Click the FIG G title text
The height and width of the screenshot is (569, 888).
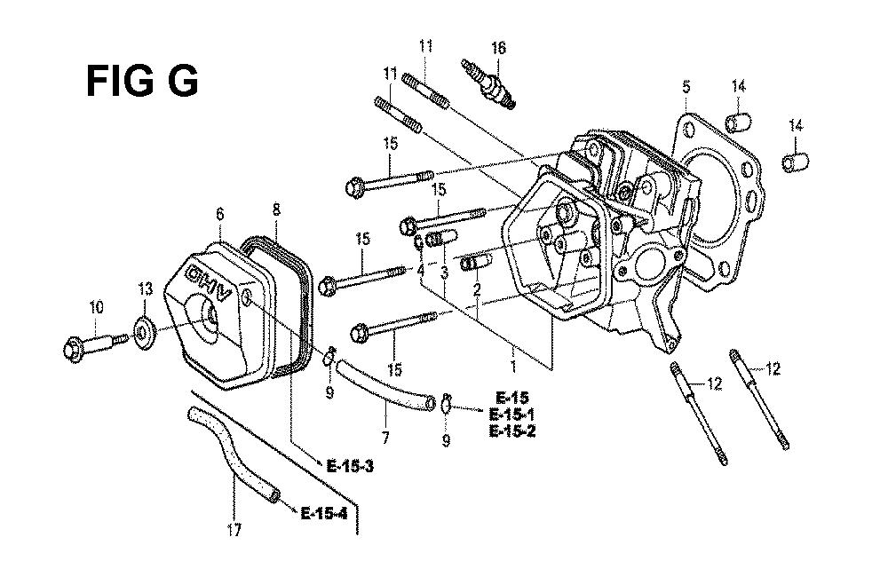pyautogui.click(x=142, y=81)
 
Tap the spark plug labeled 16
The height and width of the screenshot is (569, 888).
pyautogui.click(x=488, y=83)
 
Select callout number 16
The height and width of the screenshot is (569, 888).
pyautogui.click(x=498, y=48)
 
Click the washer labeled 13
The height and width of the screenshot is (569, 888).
pyautogui.click(x=145, y=329)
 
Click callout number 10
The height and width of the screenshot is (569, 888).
pyautogui.click(x=96, y=308)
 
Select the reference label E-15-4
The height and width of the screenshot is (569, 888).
pyautogui.click(x=324, y=513)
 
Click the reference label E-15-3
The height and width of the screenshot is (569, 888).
pyautogui.click(x=350, y=467)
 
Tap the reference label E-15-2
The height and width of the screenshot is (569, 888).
pyautogui.click(x=512, y=431)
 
